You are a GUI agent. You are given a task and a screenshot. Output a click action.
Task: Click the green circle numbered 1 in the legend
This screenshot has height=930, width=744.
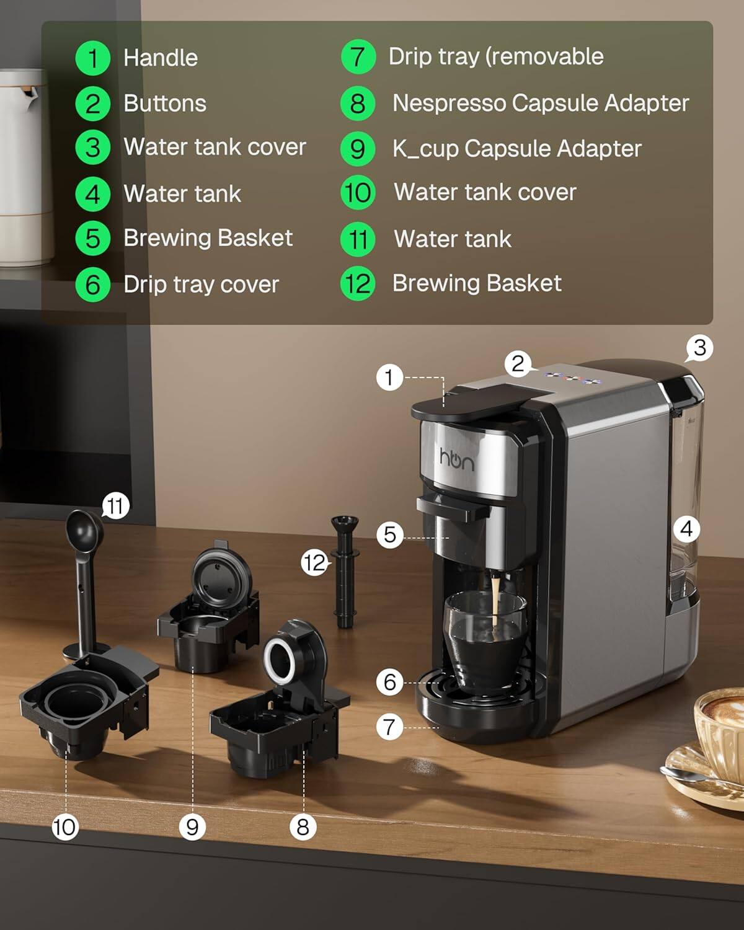pos(93,58)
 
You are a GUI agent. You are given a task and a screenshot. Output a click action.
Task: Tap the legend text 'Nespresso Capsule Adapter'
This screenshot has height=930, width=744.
pos(540,103)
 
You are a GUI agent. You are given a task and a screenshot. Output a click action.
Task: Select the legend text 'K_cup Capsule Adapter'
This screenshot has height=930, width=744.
pos(516,149)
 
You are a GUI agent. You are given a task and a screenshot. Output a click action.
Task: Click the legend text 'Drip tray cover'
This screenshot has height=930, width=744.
pos(201,285)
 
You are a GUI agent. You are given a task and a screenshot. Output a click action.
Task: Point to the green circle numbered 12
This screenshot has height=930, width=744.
pos(358,284)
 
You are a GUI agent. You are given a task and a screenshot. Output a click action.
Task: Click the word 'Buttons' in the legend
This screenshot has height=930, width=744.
pos(164,104)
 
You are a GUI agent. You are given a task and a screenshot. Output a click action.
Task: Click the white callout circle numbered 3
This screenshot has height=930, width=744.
pos(699,348)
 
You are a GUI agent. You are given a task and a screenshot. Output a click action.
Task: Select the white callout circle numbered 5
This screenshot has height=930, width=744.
pos(389,534)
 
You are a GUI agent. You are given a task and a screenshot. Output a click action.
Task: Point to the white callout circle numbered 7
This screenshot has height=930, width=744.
pos(389,726)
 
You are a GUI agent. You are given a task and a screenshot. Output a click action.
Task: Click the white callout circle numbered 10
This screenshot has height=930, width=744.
pos(64,827)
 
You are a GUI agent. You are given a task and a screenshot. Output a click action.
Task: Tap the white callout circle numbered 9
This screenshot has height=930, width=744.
pos(192,827)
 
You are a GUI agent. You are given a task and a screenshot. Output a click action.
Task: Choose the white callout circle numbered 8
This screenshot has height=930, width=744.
pos(303,827)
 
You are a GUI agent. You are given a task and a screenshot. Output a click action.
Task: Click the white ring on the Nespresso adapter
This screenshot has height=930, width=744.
pos(280,660)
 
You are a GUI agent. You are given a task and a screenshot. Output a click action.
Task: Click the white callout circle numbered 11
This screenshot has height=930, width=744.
pos(115,506)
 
